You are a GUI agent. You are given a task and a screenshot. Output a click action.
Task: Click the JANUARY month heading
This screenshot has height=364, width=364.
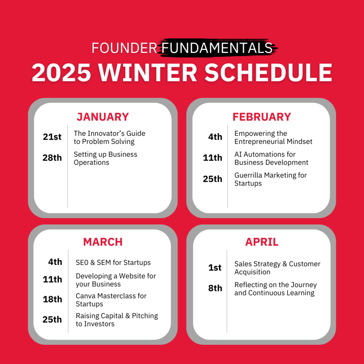(103, 117)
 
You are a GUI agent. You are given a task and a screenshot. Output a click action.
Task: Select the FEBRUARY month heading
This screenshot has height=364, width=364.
(262, 117)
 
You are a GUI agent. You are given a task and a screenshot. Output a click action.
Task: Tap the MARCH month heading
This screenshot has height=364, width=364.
(103, 242)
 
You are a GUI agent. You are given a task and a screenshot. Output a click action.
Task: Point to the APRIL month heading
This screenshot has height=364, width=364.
(262, 242)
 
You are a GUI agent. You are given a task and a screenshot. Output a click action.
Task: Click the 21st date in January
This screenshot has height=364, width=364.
(52, 137)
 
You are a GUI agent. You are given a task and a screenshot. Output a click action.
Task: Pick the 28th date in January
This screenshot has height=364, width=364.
(52, 157)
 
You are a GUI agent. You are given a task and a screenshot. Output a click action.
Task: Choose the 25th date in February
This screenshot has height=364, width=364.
(213, 179)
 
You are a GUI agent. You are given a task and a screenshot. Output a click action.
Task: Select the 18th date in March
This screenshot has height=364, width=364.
(53, 299)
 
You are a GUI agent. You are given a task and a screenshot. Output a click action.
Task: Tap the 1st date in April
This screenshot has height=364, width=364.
(215, 267)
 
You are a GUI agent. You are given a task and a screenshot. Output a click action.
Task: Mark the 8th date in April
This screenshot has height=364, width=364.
(215, 288)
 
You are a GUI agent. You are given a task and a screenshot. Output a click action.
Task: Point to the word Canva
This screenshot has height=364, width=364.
(86, 296)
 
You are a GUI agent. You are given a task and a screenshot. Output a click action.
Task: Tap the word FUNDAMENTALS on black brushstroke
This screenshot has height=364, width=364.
(217, 48)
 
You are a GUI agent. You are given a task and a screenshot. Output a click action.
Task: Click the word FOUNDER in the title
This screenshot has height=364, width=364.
(124, 48)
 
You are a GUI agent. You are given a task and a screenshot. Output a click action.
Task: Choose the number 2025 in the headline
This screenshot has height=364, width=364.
(61, 73)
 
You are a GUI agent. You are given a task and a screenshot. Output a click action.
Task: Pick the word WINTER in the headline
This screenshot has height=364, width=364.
(148, 73)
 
